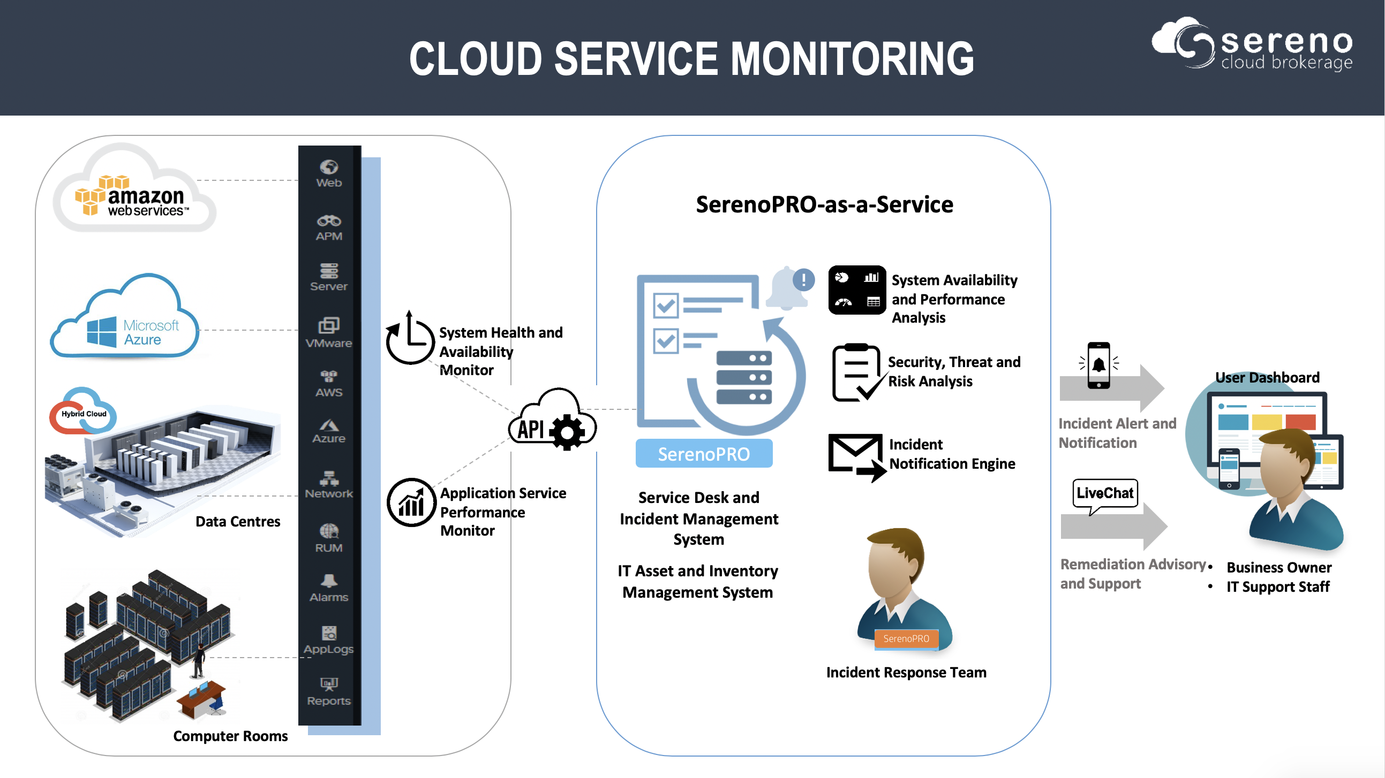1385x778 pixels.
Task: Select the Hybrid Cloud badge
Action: pyautogui.click(x=83, y=413)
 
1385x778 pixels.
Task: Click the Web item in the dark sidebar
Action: pyautogui.click(x=328, y=173)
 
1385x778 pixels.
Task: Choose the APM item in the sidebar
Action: pyautogui.click(x=328, y=228)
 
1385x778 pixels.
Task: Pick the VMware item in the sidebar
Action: pyautogui.click(x=328, y=333)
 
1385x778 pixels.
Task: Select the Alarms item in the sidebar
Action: pyautogui.click(x=328, y=588)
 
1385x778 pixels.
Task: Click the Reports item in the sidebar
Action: pyautogui.click(x=328, y=691)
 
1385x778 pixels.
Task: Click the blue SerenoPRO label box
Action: pyautogui.click(x=703, y=454)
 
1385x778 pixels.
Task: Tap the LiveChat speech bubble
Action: pyautogui.click(x=1105, y=493)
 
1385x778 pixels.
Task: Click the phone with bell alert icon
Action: pyautogui.click(x=1098, y=365)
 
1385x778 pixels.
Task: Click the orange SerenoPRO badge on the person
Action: pyautogui.click(x=906, y=639)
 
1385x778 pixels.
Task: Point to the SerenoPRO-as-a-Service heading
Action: pyautogui.click(x=824, y=205)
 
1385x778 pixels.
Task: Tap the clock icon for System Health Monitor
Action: pyautogui.click(x=410, y=339)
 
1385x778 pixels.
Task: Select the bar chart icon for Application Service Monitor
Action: pyautogui.click(x=411, y=503)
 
